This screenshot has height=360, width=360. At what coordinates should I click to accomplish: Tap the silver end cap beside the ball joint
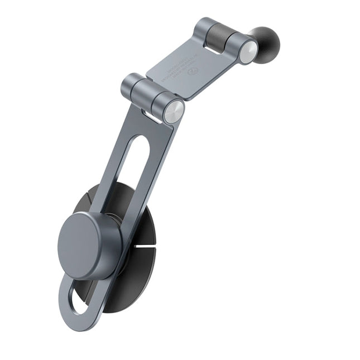point(248,52)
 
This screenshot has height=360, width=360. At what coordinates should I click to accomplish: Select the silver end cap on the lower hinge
point(174,112)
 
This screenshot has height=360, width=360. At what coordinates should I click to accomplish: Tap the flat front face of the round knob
point(83,244)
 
